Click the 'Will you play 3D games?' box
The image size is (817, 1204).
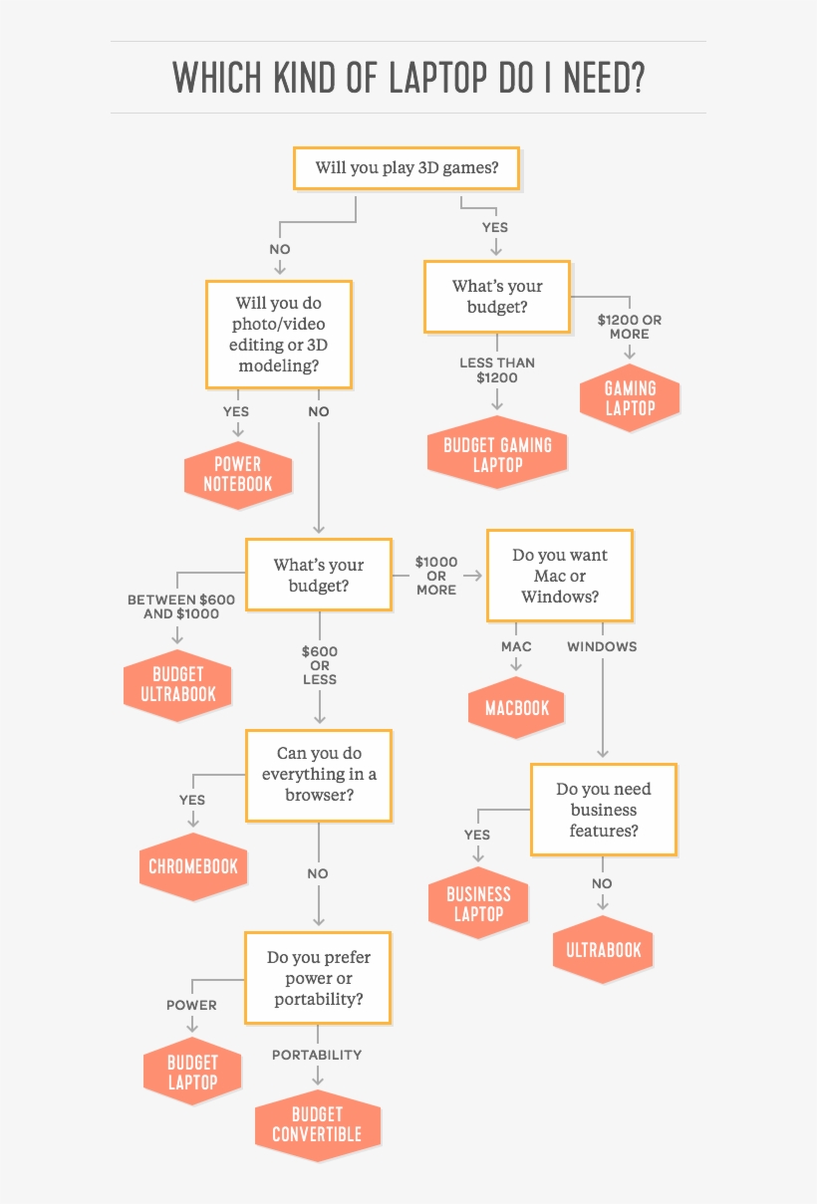[x=407, y=167]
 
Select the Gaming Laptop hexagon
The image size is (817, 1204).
[x=630, y=397]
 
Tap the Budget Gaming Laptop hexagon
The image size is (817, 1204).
[x=497, y=453]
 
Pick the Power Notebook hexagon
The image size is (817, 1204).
[x=238, y=474]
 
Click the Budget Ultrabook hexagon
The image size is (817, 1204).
[x=177, y=683]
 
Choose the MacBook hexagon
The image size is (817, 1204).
[x=517, y=708]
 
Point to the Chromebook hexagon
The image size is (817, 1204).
[x=193, y=866]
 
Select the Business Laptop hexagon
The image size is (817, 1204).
[x=478, y=903]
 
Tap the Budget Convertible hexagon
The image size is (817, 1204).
[x=317, y=1124]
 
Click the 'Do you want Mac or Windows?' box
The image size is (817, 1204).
[x=559, y=577]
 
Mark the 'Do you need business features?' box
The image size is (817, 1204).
[x=603, y=810]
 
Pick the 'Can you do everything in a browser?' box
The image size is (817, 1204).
[x=319, y=775]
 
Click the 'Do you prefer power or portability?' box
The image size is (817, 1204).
[x=318, y=978]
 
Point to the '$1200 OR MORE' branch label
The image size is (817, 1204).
[x=629, y=327]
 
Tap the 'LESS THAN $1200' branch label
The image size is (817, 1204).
[x=497, y=370]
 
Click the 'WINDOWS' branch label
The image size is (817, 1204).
[x=602, y=646]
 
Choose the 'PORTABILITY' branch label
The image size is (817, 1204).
[x=317, y=1055]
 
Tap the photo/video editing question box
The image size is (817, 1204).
[x=278, y=334]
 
